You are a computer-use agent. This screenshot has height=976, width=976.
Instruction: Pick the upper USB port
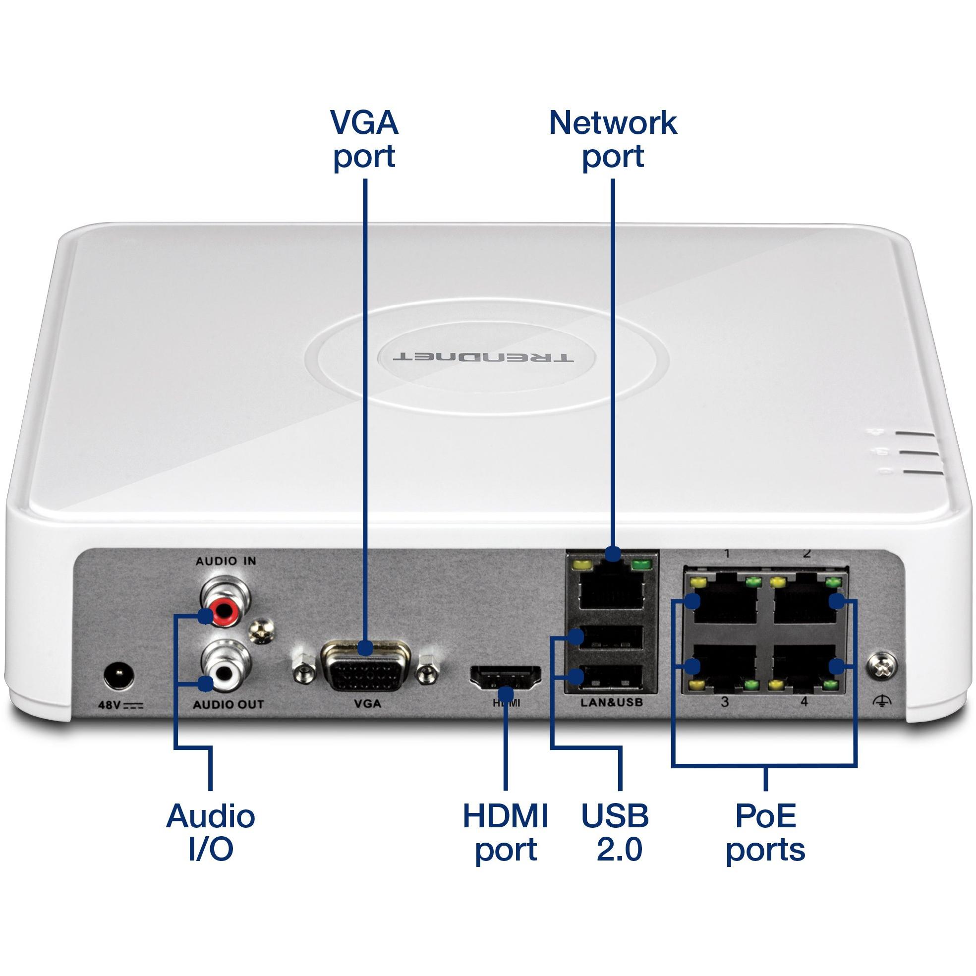[611, 637]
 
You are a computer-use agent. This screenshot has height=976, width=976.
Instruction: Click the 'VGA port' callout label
[364, 139]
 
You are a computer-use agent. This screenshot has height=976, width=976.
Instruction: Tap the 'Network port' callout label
[613, 139]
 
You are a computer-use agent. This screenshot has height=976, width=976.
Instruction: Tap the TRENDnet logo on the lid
[483, 357]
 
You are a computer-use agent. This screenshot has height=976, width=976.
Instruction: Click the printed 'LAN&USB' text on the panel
[611, 703]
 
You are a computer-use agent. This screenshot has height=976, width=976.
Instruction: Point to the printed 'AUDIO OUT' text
[229, 704]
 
